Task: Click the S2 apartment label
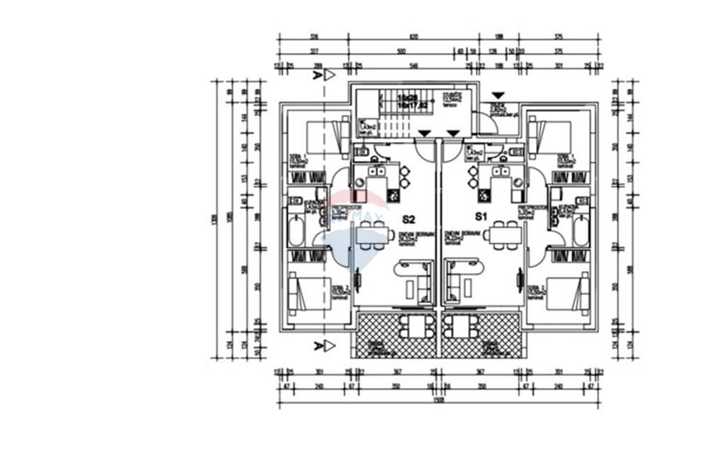coord(408,219)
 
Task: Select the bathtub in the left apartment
coord(296,232)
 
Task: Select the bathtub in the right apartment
coord(581,232)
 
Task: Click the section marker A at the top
coord(316,75)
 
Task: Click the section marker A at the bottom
coord(316,345)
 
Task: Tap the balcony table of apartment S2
coord(412,326)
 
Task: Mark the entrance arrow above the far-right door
coord(498,95)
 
